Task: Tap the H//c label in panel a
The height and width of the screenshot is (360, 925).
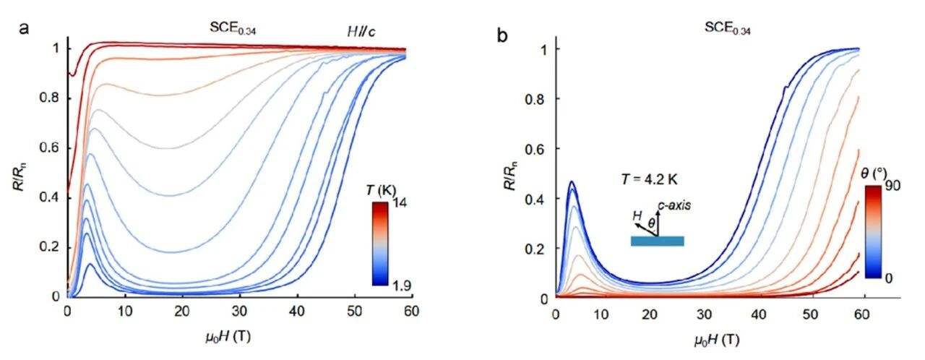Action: (x=358, y=30)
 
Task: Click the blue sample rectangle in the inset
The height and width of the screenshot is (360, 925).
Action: (x=657, y=241)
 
